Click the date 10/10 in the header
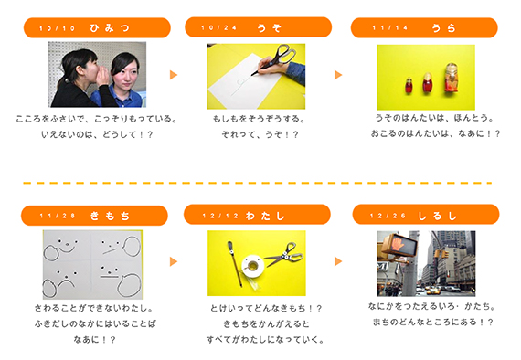point(58,28)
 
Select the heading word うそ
point(269,27)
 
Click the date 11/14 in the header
point(389,27)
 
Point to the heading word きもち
point(110,216)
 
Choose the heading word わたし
point(265,216)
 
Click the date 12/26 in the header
point(388,216)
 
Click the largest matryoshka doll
point(452,78)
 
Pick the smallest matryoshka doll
point(409,85)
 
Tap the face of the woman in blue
point(125,71)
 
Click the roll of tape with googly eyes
point(253,266)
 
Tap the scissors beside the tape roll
point(283,255)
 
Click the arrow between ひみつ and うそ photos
point(174,75)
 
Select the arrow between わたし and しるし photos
point(338,261)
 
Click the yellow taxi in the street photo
point(433,291)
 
